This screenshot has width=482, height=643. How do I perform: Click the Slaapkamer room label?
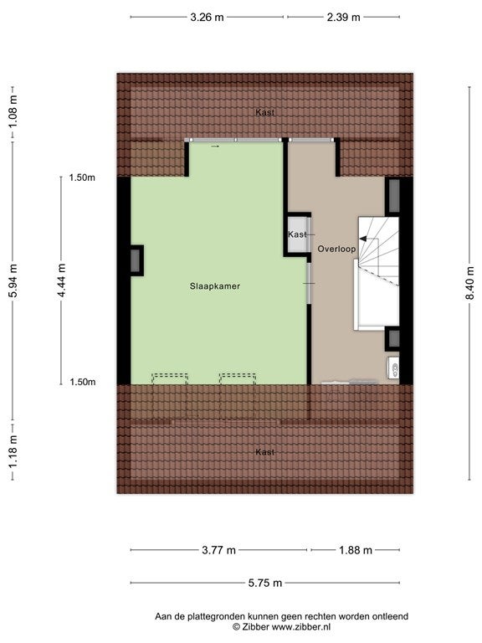[215, 286]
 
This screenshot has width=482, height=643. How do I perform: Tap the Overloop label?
[336, 249]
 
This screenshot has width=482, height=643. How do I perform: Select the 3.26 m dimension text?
[207, 18]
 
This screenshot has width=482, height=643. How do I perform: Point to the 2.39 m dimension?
[343, 18]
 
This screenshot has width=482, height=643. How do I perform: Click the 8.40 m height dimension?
[470, 283]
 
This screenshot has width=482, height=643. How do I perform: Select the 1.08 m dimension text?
[13, 111]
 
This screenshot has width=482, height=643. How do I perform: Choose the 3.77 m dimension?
[219, 550]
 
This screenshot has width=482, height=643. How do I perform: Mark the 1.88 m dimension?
[356, 550]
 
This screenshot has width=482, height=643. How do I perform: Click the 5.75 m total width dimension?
[265, 583]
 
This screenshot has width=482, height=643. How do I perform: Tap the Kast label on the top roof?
[264, 112]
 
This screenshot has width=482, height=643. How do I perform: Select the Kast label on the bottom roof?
[264, 452]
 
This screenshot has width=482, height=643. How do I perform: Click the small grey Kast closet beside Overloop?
[297, 234]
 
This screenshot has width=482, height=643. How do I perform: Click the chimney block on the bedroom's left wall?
[136, 260]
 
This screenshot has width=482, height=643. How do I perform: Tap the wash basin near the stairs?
[393, 368]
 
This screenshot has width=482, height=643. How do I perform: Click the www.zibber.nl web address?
[301, 626]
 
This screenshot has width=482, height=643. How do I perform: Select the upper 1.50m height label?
[82, 177]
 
